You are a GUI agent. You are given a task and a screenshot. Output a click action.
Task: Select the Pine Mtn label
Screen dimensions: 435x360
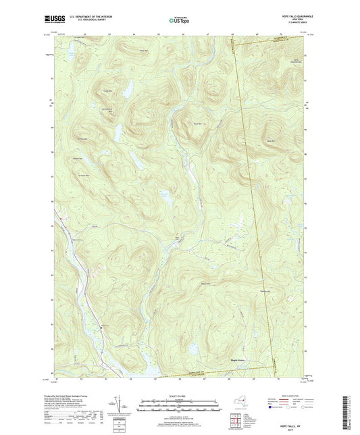click(143, 51)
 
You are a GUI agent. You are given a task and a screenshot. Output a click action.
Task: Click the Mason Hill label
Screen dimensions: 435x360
click(205, 283)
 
